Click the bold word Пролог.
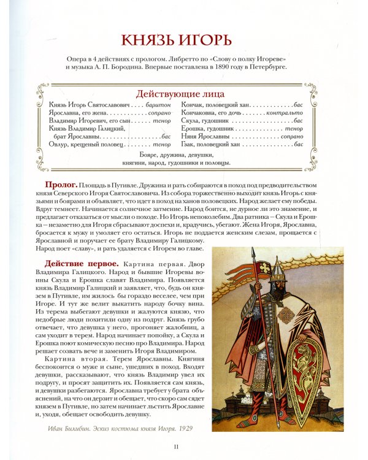tap(61, 184)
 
